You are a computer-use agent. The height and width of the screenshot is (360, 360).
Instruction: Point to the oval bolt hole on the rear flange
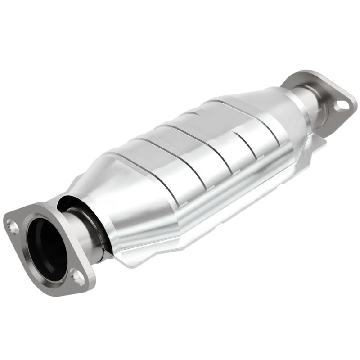pos(342,105)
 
